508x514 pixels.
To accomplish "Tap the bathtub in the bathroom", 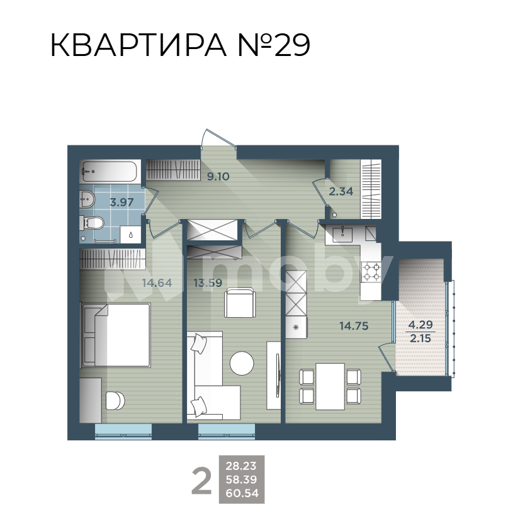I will point(110,170).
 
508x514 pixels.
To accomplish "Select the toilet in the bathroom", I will point(92,223).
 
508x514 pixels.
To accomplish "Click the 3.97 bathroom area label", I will point(121,202).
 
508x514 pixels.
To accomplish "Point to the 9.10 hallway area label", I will point(218,177).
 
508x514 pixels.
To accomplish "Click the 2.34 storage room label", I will point(341,191).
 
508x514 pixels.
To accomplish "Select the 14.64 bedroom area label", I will point(157,282).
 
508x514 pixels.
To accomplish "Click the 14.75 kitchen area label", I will point(353,326).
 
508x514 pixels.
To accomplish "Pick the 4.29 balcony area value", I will point(421,325).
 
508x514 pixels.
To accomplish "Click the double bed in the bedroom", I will point(116,333).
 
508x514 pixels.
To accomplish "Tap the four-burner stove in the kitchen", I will point(371,270).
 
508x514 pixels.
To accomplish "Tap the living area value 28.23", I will point(242,466).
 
